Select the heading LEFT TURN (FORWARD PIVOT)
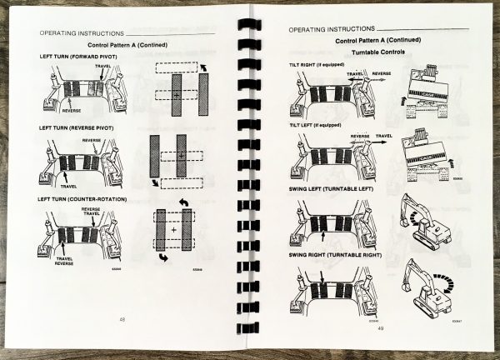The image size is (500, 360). pyautogui.click(x=79, y=56)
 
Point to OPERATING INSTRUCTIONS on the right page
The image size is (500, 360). pyautogui.click(x=329, y=29)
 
